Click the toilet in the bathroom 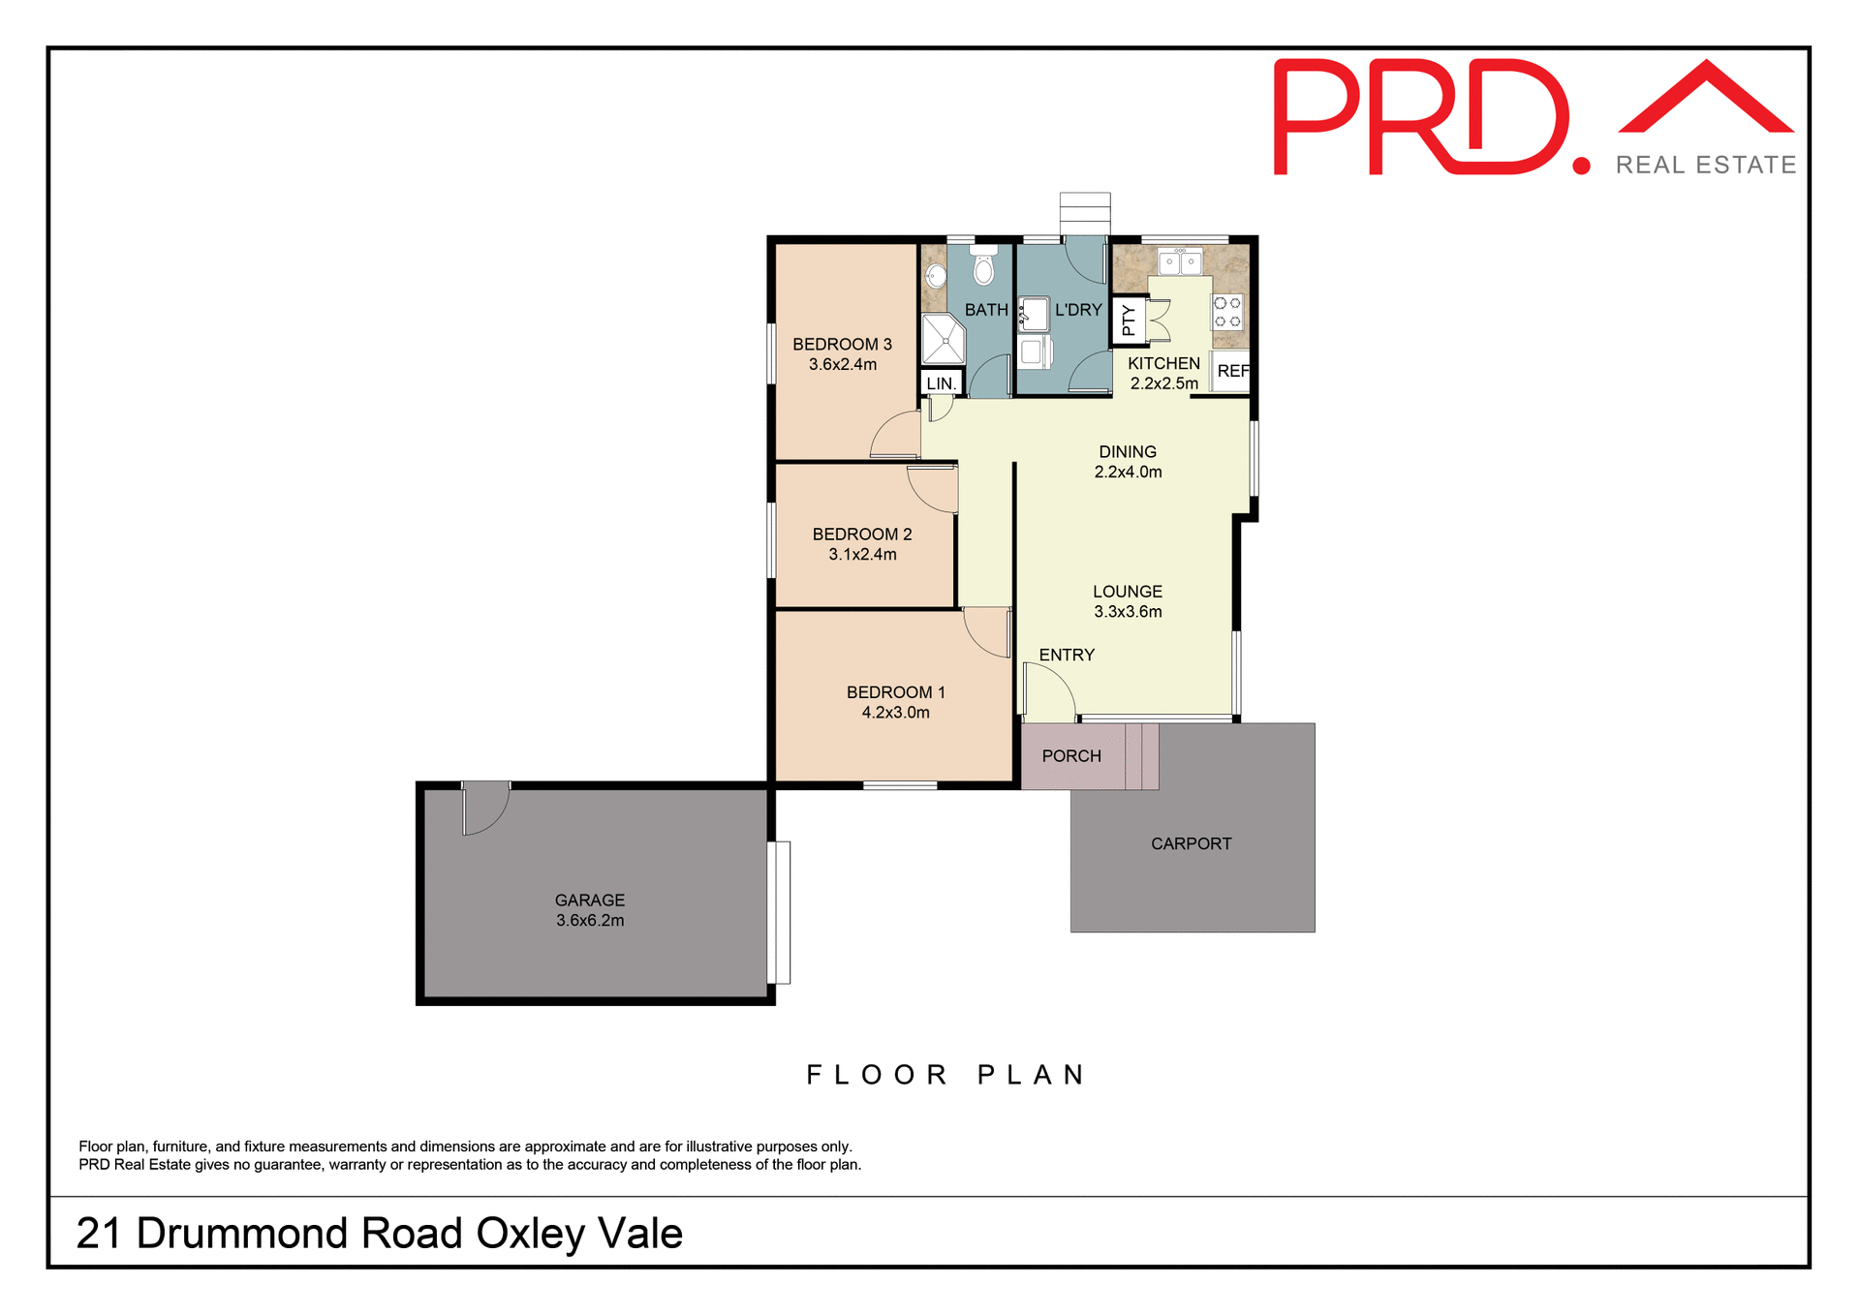983,267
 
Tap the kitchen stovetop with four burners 1227,313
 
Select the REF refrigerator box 1232,372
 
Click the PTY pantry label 1128,320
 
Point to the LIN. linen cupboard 941,383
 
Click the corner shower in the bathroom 942,339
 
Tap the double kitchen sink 1180,261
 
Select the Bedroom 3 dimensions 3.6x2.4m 843,365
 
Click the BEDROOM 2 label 862,535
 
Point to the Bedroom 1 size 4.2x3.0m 895,713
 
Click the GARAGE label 590,901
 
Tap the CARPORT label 1191,844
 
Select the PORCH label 1071,756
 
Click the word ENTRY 1067,656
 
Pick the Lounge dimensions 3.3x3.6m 1128,612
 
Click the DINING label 1128,452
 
